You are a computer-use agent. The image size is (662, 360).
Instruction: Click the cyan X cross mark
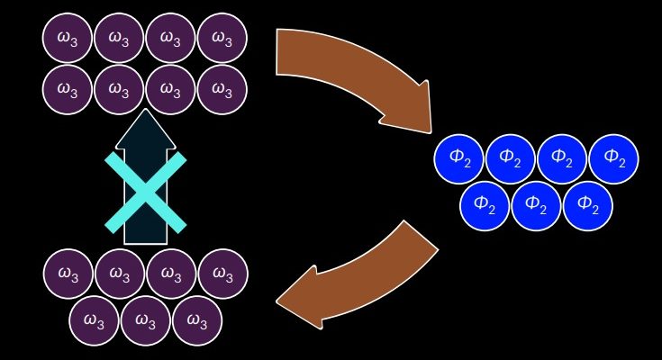click(145, 191)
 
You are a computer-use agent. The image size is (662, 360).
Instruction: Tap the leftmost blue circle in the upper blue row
click(459, 158)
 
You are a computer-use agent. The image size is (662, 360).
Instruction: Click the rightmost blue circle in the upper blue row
click(613, 158)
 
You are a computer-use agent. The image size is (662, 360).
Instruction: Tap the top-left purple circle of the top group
click(68, 39)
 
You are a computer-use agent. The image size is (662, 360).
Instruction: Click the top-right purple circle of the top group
click(222, 39)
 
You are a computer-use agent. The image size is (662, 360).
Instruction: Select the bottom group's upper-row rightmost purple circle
click(222, 273)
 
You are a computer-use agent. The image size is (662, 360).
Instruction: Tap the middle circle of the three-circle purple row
click(146, 319)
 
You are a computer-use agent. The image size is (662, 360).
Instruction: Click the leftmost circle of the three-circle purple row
click(95, 319)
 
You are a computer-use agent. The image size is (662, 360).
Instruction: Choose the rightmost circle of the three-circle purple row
click(197, 319)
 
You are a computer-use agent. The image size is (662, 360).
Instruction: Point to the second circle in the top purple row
click(119, 39)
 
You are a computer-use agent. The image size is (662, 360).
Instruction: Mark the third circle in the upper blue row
click(562, 158)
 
